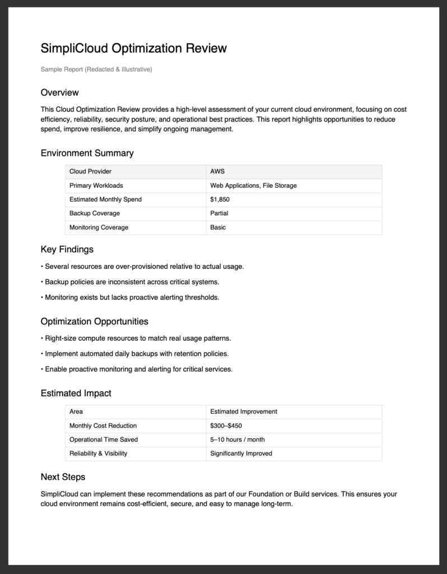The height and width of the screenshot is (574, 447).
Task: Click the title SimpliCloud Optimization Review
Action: pos(133,48)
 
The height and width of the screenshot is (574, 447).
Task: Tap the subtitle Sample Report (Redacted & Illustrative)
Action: pos(96,70)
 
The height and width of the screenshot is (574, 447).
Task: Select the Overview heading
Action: pos(59,92)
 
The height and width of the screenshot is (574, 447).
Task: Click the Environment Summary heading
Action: pos(87,153)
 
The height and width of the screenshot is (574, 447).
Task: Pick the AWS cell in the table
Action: pos(217,172)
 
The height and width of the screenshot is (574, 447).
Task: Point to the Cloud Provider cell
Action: pos(94,172)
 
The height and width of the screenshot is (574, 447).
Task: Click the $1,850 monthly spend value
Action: pos(220,200)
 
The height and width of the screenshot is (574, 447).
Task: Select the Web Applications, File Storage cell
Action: pos(253,186)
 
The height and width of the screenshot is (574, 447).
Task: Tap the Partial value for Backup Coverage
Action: pos(219,214)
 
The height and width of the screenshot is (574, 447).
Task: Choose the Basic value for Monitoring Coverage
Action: pos(218,228)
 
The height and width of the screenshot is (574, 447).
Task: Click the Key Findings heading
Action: pos(67,249)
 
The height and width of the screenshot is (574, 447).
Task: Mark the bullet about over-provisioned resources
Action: pos(142,266)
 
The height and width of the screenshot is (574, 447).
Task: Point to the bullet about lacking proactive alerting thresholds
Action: pos(130,297)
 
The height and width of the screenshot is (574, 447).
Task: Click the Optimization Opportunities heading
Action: pos(94,322)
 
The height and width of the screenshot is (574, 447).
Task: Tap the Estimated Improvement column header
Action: pos(243,411)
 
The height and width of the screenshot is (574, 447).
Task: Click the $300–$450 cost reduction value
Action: pos(226,425)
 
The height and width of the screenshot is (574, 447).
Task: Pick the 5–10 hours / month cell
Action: pos(238,439)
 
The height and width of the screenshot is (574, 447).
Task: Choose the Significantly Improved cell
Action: pos(241,453)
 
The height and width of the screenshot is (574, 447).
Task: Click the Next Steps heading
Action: pos(63,477)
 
